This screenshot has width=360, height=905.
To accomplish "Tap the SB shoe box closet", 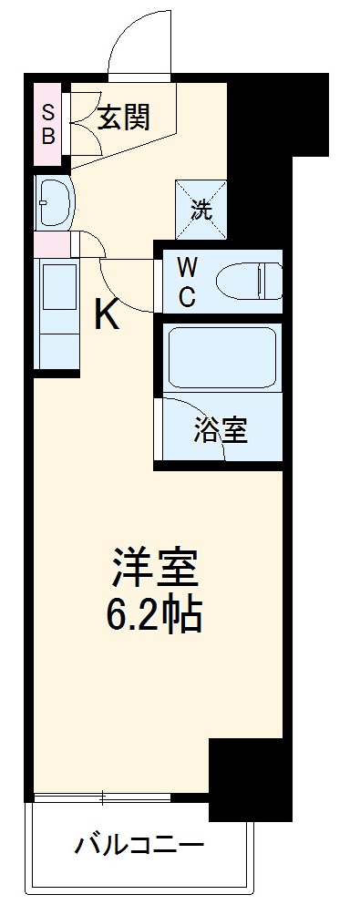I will [47, 123].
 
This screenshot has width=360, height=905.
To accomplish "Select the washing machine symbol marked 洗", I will [201, 207].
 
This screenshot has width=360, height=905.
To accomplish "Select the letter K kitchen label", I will [107, 316].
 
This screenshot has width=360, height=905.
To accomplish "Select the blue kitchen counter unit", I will [57, 315].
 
